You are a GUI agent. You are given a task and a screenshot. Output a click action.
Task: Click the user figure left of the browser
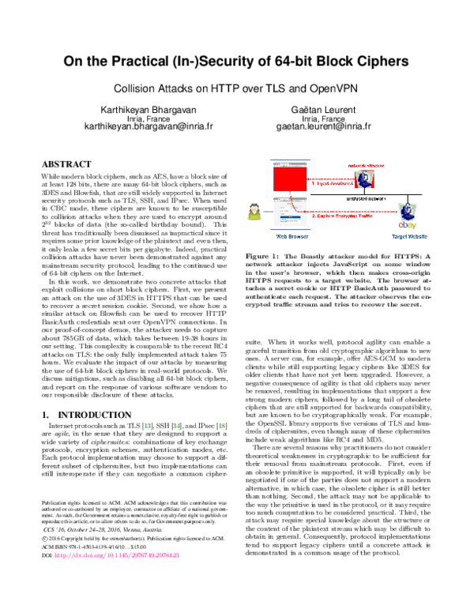click(x=254, y=212)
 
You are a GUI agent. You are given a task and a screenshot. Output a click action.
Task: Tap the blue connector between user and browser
click(x=267, y=212)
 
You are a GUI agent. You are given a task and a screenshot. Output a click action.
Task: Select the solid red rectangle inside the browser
click(x=290, y=179)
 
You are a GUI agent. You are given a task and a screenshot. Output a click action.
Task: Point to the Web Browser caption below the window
click(x=292, y=236)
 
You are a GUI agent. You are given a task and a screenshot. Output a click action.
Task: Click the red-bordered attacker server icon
click(x=364, y=180)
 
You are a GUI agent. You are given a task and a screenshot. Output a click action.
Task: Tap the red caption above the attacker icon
click(x=367, y=165)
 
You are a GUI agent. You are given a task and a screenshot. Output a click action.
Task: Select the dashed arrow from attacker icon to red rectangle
click(x=330, y=179)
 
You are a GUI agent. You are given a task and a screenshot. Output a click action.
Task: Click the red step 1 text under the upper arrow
click(x=333, y=184)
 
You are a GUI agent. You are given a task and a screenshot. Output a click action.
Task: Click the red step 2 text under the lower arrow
click(x=342, y=216)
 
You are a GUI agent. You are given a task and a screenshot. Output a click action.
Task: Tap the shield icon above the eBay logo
click(x=407, y=211)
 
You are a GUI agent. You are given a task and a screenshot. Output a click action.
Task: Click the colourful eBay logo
click(x=408, y=225)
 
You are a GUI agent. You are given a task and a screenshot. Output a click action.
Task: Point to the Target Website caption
click(x=409, y=236)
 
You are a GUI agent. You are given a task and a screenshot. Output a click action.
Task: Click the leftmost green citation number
click(x=148, y=426)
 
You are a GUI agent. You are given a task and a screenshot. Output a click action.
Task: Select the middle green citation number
click(x=176, y=426)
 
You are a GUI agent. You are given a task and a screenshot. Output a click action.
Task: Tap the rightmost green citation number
click(x=222, y=426)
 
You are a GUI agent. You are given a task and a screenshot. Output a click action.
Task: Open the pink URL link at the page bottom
click(x=117, y=555)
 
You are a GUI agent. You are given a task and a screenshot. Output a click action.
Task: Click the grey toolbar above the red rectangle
click(x=290, y=163)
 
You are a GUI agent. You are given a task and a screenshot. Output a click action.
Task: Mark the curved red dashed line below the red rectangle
click(x=293, y=203)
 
